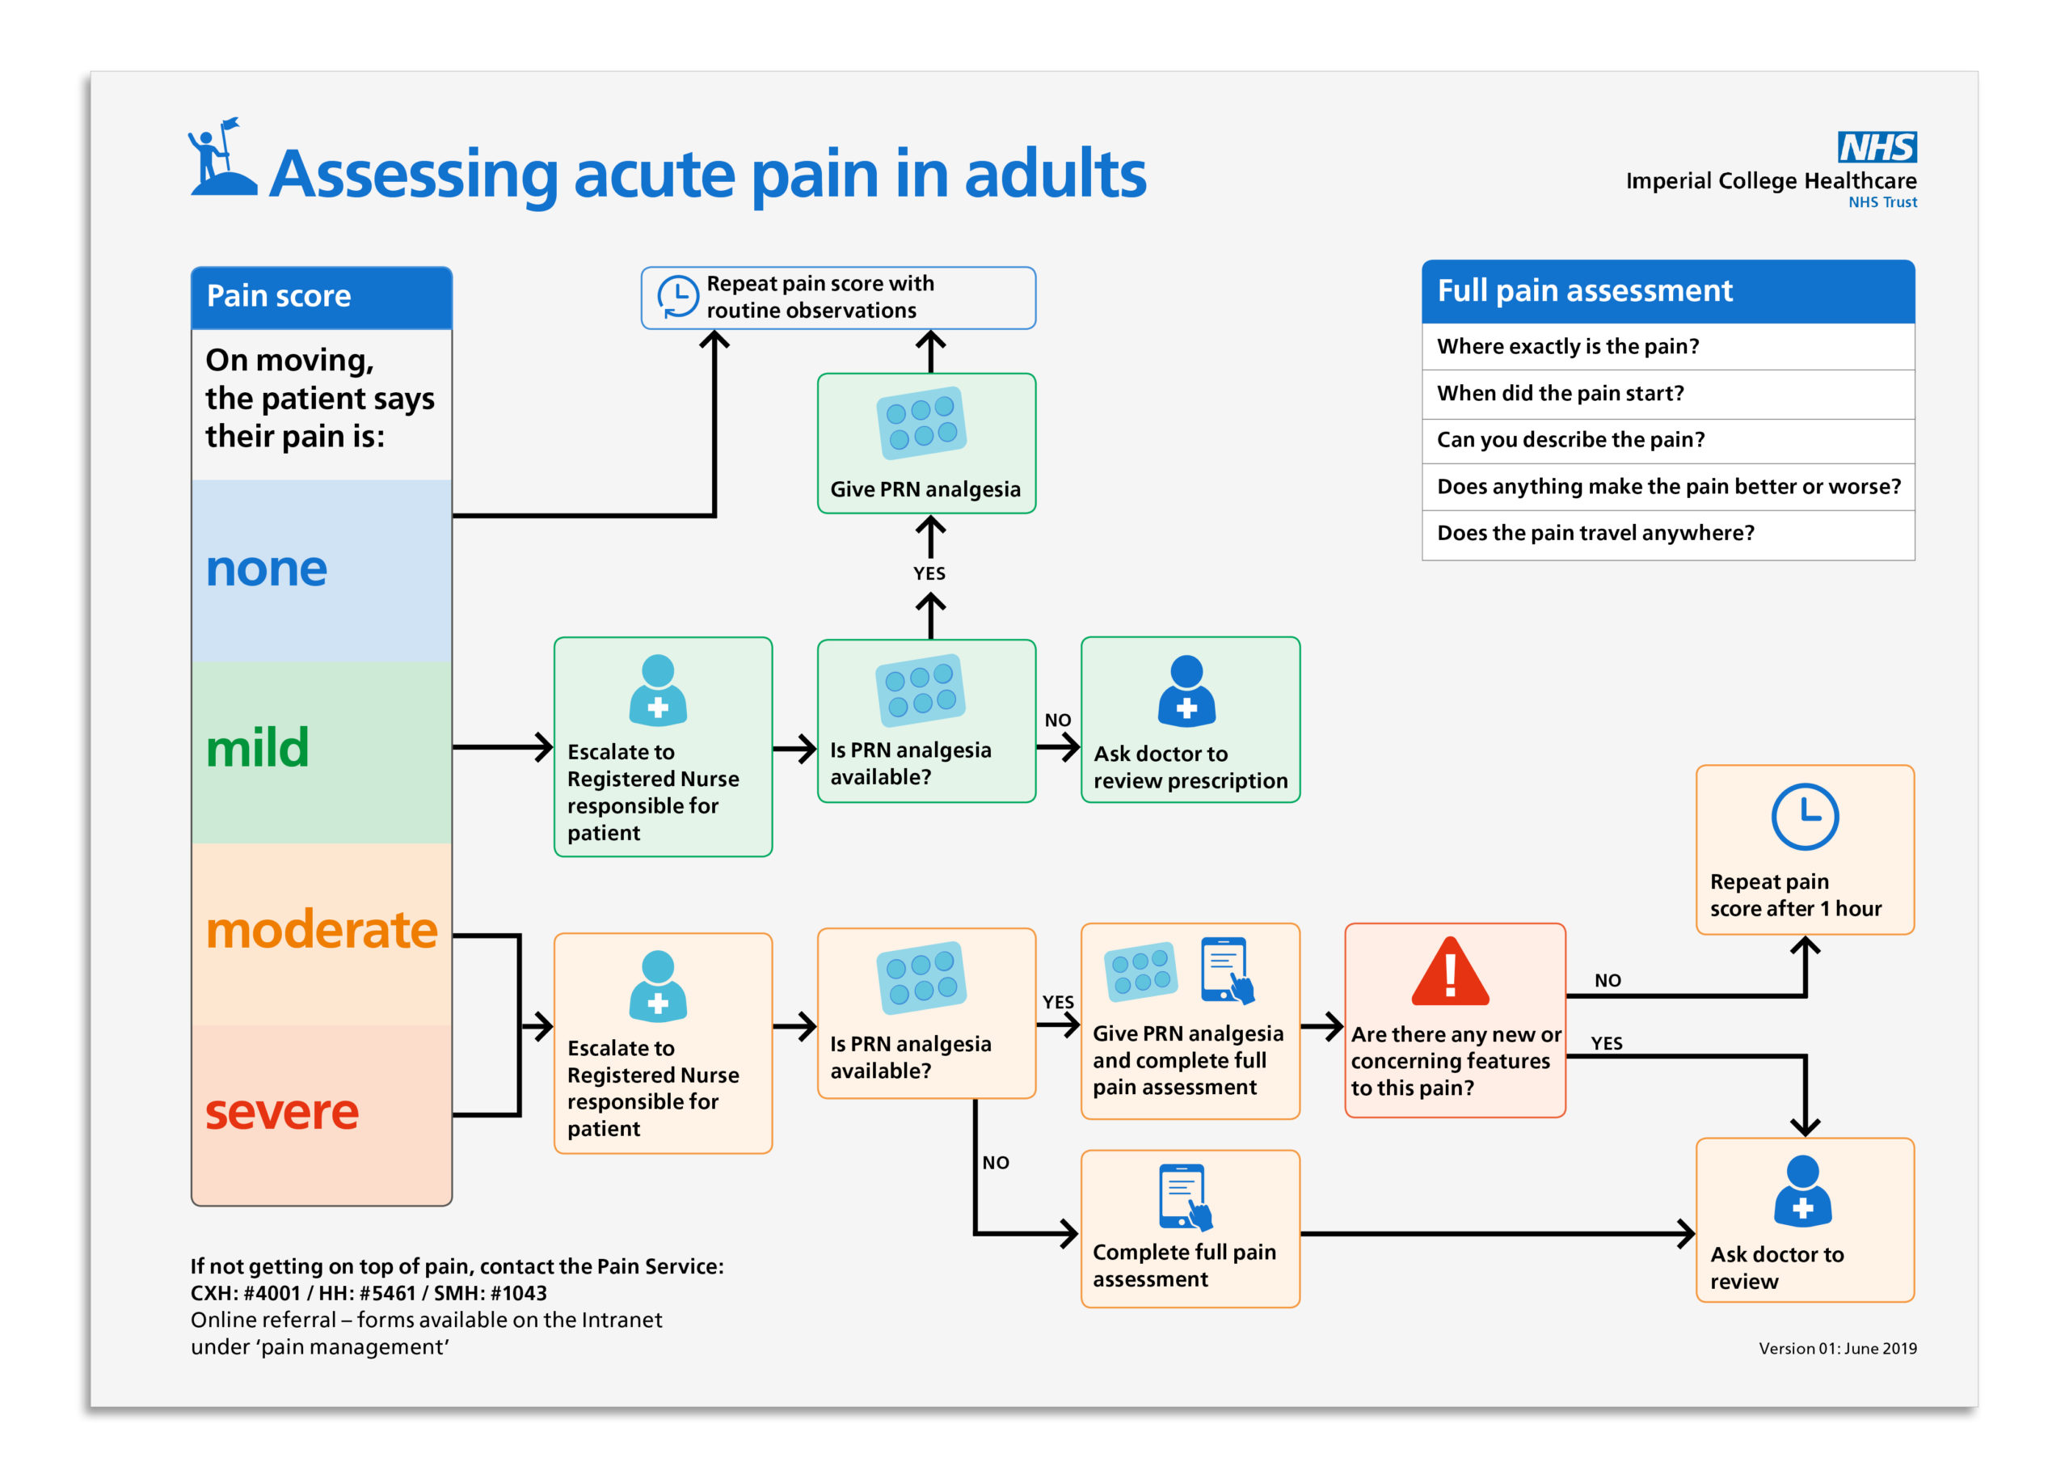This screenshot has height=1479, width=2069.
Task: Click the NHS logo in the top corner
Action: [1876, 146]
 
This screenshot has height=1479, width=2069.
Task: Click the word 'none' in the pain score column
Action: [266, 569]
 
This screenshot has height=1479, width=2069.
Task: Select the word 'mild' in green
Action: [258, 748]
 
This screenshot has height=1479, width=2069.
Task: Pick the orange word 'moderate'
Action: [322, 930]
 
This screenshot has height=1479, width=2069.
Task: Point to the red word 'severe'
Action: [281, 1112]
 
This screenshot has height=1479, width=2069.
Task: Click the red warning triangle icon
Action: [1449, 972]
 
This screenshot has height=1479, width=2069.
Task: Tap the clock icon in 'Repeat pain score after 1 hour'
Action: [1804, 817]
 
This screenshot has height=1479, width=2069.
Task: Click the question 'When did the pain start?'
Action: [1560, 394]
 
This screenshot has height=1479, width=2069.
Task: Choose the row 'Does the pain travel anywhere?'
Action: [1595, 533]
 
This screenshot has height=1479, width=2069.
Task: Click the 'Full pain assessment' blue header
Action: [1667, 291]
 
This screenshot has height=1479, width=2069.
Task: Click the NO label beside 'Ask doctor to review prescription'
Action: [1057, 720]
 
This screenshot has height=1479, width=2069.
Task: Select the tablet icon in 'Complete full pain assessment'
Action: [1184, 1196]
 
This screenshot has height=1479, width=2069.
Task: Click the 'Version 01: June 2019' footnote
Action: [1836, 1349]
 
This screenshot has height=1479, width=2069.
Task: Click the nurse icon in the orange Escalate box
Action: [657, 987]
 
